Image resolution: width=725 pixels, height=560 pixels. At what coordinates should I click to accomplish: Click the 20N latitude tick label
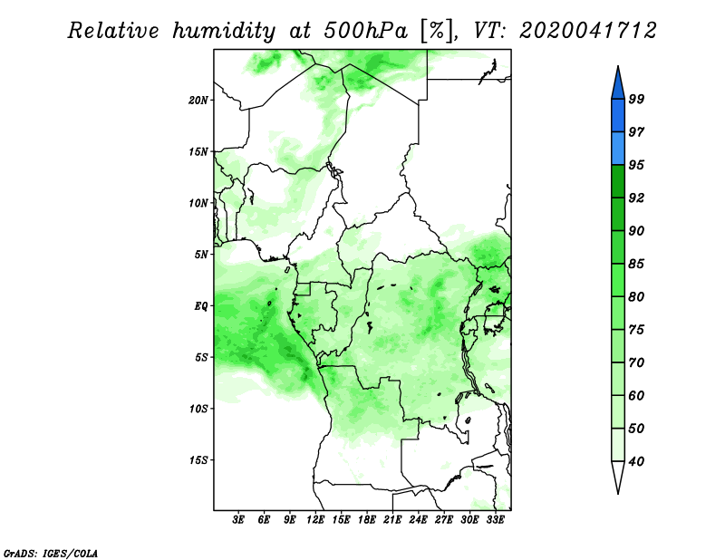pyautogui.click(x=198, y=100)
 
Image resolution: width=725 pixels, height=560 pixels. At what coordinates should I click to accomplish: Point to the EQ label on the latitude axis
pyautogui.click(x=201, y=305)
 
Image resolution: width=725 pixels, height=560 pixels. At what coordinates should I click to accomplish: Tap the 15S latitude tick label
pyautogui.click(x=198, y=460)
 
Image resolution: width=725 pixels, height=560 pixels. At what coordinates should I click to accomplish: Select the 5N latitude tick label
pyautogui.click(x=201, y=255)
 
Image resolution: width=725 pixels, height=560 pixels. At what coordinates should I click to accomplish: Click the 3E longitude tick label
pyautogui.click(x=237, y=520)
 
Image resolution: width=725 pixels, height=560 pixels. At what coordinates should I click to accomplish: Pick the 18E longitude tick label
pyautogui.click(x=367, y=520)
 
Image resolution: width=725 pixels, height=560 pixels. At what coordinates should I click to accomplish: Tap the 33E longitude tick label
pyautogui.click(x=495, y=520)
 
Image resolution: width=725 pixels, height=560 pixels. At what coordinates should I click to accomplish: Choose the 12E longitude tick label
pyautogui.click(x=315, y=520)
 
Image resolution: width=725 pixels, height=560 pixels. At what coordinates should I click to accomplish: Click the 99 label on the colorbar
pyautogui.click(x=636, y=99)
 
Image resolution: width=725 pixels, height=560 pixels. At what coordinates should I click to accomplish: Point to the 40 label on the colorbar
pyautogui.click(x=636, y=461)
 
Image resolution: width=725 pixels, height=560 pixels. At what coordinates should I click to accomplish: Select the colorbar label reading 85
pyautogui.click(x=636, y=264)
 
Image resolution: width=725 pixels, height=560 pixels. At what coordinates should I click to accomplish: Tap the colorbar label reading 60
pyautogui.click(x=636, y=395)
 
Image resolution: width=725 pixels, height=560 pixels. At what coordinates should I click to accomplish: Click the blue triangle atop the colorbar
pyautogui.click(x=618, y=85)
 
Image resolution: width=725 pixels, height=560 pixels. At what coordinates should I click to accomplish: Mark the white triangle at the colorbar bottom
pyautogui.click(x=618, y=474)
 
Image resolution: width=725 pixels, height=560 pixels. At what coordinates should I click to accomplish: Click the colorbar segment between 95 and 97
pyautogui.click(x=618, y=149)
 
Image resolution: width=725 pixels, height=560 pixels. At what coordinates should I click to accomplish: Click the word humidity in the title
pyautogui.click(x=224, y=31)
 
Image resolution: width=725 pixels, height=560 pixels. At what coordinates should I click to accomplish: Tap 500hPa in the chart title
pyautogui.click(x=366, y=31)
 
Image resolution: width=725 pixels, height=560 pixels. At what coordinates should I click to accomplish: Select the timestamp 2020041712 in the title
pyautogui.click(x=588, y=31)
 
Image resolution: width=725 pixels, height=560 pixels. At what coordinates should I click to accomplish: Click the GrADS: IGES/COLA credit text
pyautogui.click(x=51, y=553)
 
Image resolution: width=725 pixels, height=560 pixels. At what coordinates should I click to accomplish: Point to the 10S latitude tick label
pyautogui.click(x=198, y=409)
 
